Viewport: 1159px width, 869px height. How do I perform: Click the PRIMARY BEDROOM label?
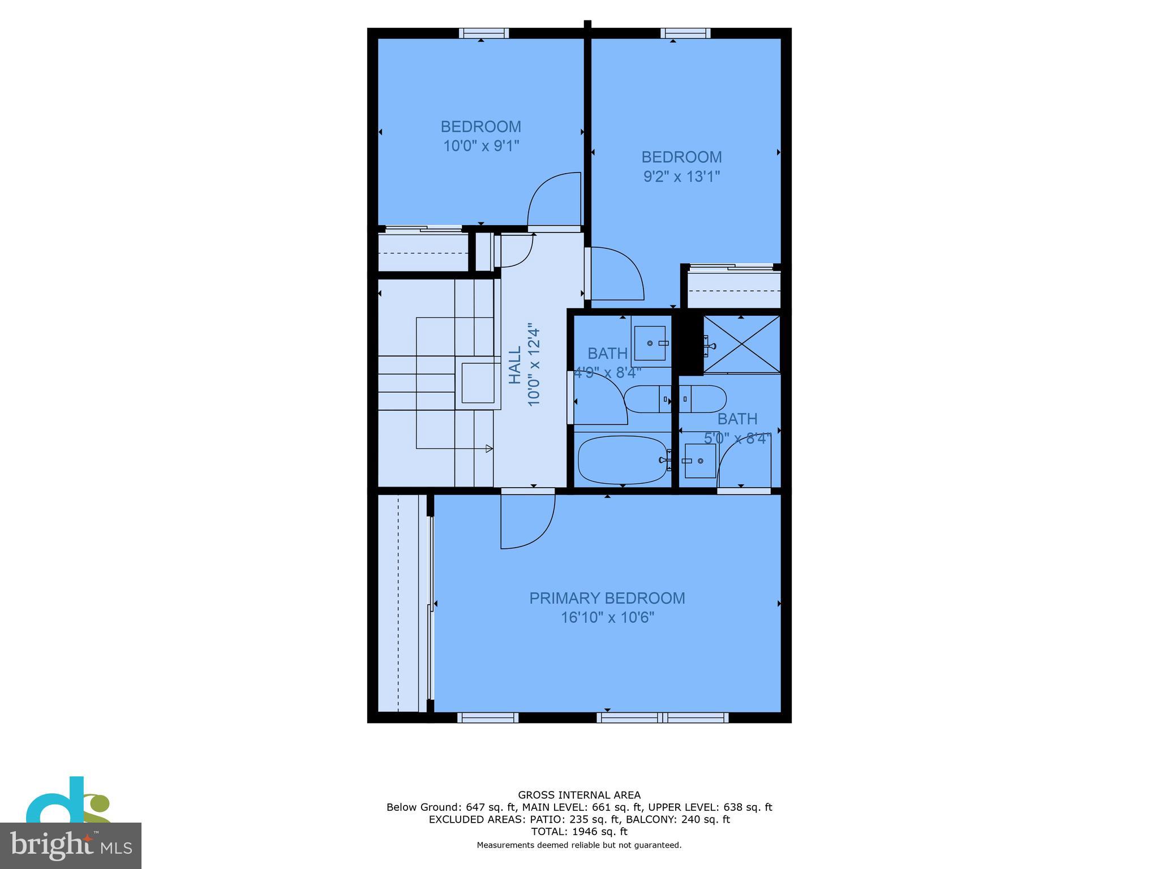tap(607, 598)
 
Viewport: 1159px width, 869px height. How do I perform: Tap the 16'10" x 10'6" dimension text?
tap(607, 617)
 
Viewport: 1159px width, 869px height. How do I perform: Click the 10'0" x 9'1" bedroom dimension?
tap(480, 146)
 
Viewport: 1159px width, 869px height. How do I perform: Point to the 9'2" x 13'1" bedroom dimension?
tap(681, 177)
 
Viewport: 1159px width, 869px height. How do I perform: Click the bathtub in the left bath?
tap(621, 459)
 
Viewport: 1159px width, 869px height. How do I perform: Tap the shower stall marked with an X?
tap(741, 344)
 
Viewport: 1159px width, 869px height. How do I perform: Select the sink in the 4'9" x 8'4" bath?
tap(650, 343)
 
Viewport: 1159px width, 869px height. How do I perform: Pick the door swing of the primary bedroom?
tap(526, 520)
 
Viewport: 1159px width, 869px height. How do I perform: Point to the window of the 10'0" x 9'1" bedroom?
tap(483, 33)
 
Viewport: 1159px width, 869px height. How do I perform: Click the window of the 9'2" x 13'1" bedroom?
tap(685, 33)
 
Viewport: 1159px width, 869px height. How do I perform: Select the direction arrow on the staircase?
tap(488, 449)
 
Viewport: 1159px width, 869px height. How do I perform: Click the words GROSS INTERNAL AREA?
tap(579, 795)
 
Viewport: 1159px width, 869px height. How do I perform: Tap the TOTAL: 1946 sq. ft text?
tap(579, 831)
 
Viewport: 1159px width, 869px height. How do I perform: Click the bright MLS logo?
tap(70, 845)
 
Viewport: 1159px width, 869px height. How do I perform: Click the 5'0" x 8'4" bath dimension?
tap(737, 438)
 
